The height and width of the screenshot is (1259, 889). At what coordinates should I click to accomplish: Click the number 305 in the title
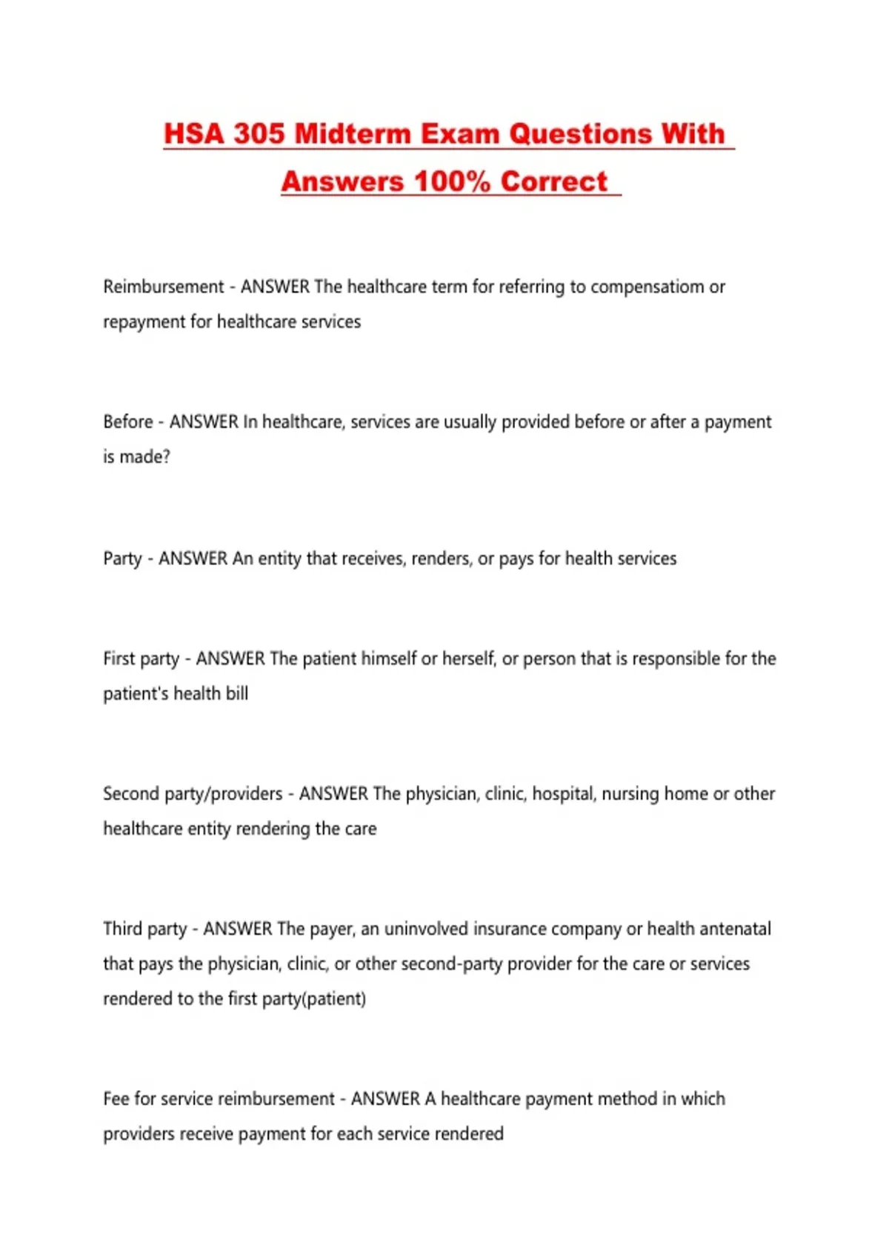259,134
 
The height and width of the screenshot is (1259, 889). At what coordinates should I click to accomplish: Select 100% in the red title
452,181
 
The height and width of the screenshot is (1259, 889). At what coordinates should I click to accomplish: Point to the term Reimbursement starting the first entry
163,287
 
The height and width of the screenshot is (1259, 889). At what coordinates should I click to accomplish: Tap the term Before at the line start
128,422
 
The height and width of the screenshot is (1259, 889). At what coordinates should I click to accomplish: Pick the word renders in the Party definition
442,558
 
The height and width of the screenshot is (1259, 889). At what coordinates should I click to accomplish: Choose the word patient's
136,694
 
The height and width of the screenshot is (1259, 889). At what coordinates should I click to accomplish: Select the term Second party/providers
193,794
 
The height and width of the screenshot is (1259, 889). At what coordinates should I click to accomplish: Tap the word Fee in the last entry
117,1099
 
